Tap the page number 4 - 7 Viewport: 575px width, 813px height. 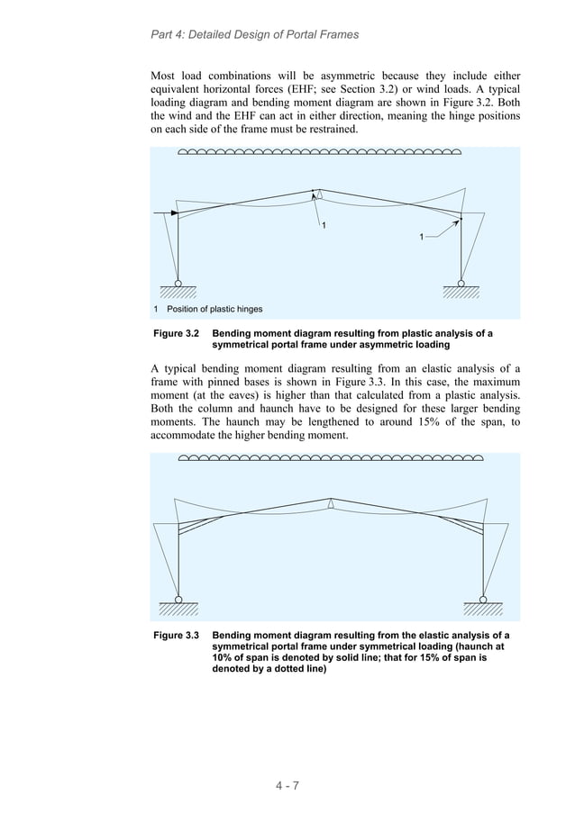[x=287, y=785]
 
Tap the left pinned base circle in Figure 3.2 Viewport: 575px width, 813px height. [x=178, y=283]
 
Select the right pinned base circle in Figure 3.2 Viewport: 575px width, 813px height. [x=461, y=283]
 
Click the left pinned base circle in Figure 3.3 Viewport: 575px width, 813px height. [x=178, y=599]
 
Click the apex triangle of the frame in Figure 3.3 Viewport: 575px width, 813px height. [x=332, y=504]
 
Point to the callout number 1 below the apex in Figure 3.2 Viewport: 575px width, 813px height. [x=324, y=225]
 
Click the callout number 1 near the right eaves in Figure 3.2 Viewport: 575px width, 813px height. [x=421, y=237]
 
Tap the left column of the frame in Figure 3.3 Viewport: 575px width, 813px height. [x=178, y=558]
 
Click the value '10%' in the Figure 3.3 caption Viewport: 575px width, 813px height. [x=224, y=658]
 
